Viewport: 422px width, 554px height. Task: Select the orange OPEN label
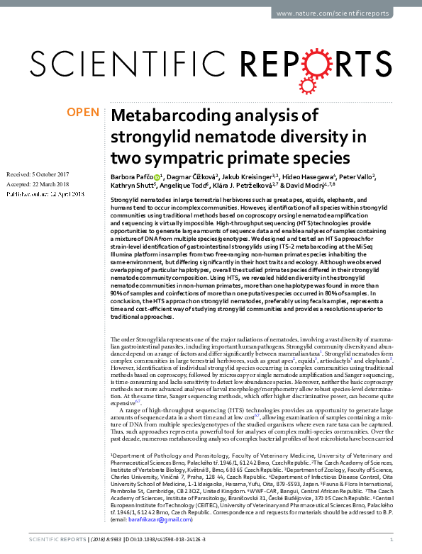(82, 112)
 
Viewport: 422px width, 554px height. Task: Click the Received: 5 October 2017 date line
(38, 174)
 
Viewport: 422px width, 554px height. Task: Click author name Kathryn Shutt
(131, 186)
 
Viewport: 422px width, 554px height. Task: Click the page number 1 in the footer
(413, 540)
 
